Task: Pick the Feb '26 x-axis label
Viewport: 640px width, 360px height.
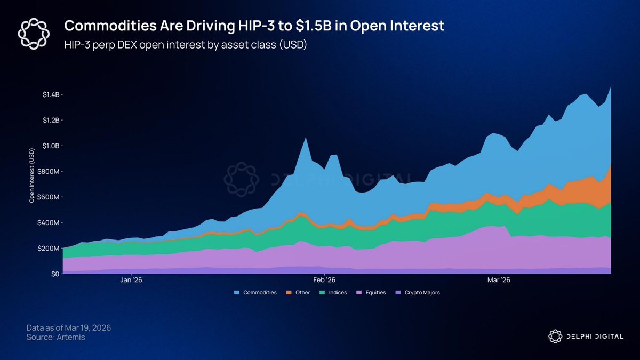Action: coord(324,279)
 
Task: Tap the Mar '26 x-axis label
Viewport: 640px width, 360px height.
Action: coord(499,279)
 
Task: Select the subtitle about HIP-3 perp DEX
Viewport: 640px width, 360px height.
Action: coord(186,45)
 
